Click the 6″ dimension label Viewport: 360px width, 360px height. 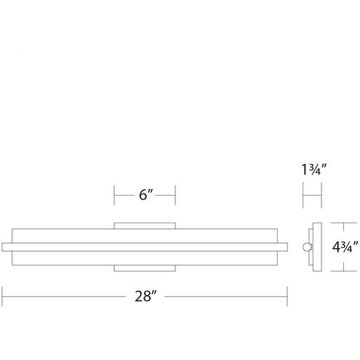point(146,195)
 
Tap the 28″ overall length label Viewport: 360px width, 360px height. point(145,296)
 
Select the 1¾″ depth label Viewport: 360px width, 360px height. point(314,169)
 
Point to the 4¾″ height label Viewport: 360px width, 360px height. point(345,247)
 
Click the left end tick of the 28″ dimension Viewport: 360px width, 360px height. point(2,297)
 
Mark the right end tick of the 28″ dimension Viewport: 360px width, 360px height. point(287,297)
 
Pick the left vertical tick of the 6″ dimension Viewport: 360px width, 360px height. point(114,195)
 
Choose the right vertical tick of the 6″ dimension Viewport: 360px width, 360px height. point(175,195)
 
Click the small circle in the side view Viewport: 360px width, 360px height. point(306,247)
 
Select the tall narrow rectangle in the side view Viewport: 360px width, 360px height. point(317,247)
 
